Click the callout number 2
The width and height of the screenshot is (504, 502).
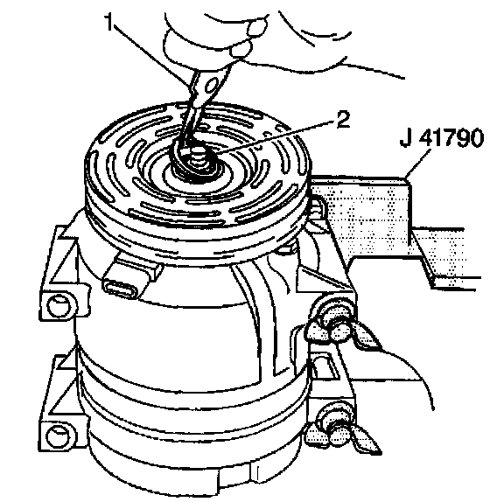[343, 120]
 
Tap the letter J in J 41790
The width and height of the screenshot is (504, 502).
[407, 138]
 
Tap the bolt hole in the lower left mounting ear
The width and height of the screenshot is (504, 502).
[58, 436]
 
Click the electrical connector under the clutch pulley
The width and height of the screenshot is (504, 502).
[132, 276]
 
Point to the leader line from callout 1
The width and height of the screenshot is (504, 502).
[151, 56]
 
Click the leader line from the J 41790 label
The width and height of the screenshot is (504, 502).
[418, 164]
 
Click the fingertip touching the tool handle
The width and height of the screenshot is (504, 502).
[241, 48]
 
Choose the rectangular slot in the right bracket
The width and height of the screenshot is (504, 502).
[325, 366]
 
